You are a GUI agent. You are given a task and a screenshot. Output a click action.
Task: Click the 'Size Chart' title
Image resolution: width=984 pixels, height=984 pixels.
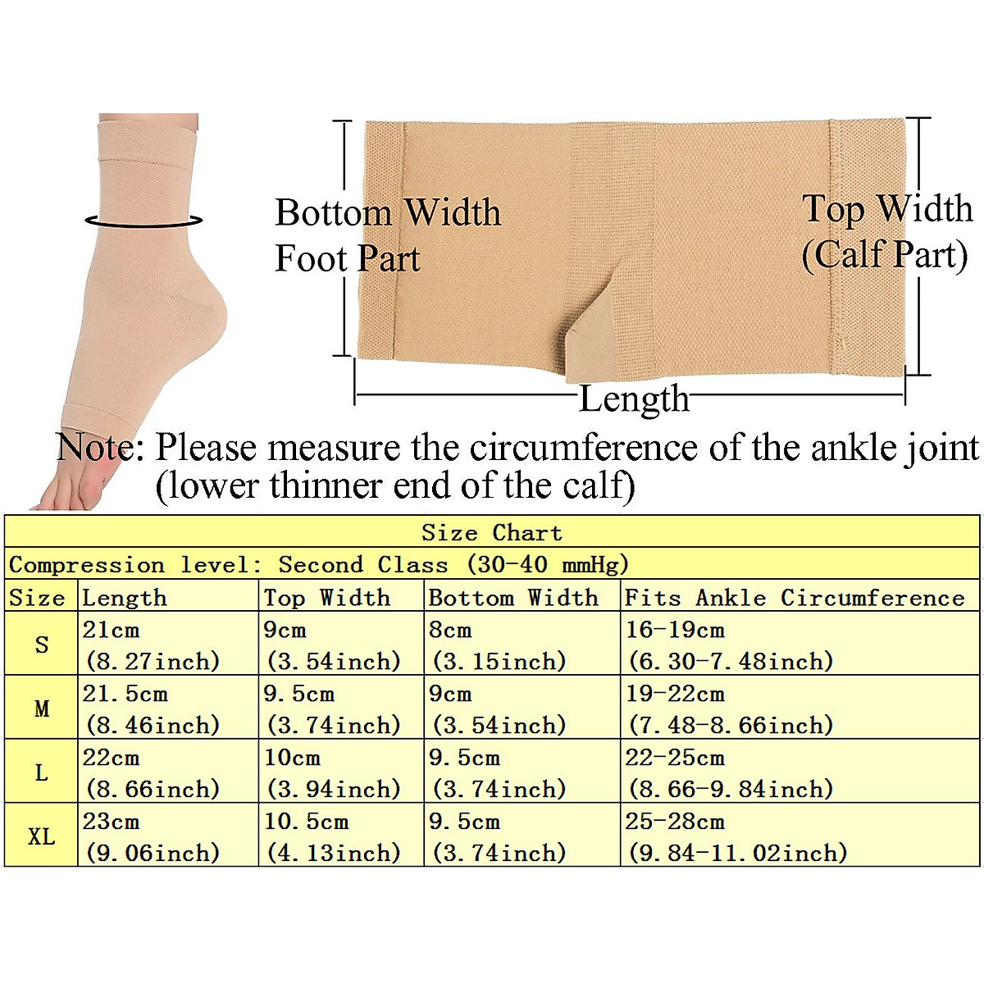pyautogui.click(x=492, y=532)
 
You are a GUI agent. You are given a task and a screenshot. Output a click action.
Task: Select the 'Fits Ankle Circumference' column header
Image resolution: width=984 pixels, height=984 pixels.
pyautogui.click(x=794, y=597)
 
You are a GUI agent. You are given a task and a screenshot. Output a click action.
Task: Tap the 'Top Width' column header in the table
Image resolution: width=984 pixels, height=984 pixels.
pyautogui.click(x=326, y=597)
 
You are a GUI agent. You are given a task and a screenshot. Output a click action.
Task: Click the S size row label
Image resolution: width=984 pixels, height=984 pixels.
pyautogui.click(x=41, y=645)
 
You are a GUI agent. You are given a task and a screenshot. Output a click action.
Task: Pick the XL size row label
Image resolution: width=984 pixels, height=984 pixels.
pyautogui.click(x=41, y=836)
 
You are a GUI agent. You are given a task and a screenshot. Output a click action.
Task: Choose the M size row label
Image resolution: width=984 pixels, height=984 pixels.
pyautogui.click(x=41, y=708)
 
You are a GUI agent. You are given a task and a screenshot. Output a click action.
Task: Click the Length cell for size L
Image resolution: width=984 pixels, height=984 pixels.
pyautogui.click(x=153, y=772)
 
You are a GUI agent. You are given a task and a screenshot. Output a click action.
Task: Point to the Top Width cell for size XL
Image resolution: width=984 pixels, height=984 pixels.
pyautogui.click(x=332, y=836)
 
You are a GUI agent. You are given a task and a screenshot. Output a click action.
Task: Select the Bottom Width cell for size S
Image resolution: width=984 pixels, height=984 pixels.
pyautogui.click(x=498, y=645)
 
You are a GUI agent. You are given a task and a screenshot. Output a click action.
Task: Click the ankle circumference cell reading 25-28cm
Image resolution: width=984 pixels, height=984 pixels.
pyautogui.click(x=736, y=836)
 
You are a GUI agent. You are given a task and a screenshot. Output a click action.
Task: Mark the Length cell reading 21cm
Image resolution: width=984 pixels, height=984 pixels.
pyautogui.click(x=153, y=645)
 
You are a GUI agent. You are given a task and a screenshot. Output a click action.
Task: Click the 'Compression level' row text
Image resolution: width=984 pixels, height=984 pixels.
pyautogui.click(x=319, y=564)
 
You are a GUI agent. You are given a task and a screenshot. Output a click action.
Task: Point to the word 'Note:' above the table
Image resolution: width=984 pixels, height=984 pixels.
pyautogui.click(x=100, y=448)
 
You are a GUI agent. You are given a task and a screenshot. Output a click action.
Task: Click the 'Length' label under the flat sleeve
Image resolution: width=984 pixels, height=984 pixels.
pyautogui.click(x=634, y=399)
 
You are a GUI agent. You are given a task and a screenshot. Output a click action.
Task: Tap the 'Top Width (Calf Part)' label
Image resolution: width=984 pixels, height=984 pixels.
pyautogui.click(x=886, y=231)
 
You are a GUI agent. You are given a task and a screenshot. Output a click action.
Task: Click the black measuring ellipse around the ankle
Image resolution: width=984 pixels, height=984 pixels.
pyautogui.click(x=143, y=221)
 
